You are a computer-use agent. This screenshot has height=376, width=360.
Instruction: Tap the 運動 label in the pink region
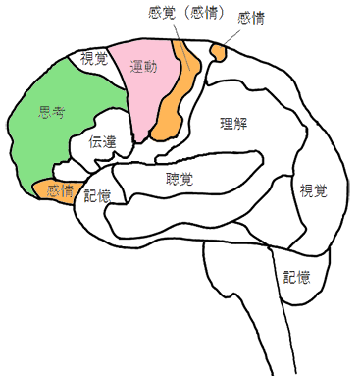click(143, 67)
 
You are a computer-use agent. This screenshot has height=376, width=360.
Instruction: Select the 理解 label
click(237, 123)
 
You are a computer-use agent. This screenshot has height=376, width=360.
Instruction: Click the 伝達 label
click(103, 141)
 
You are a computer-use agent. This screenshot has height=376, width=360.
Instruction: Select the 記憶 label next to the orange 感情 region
click(97, 195)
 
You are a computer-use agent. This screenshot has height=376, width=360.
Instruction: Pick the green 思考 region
click(44, 137)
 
